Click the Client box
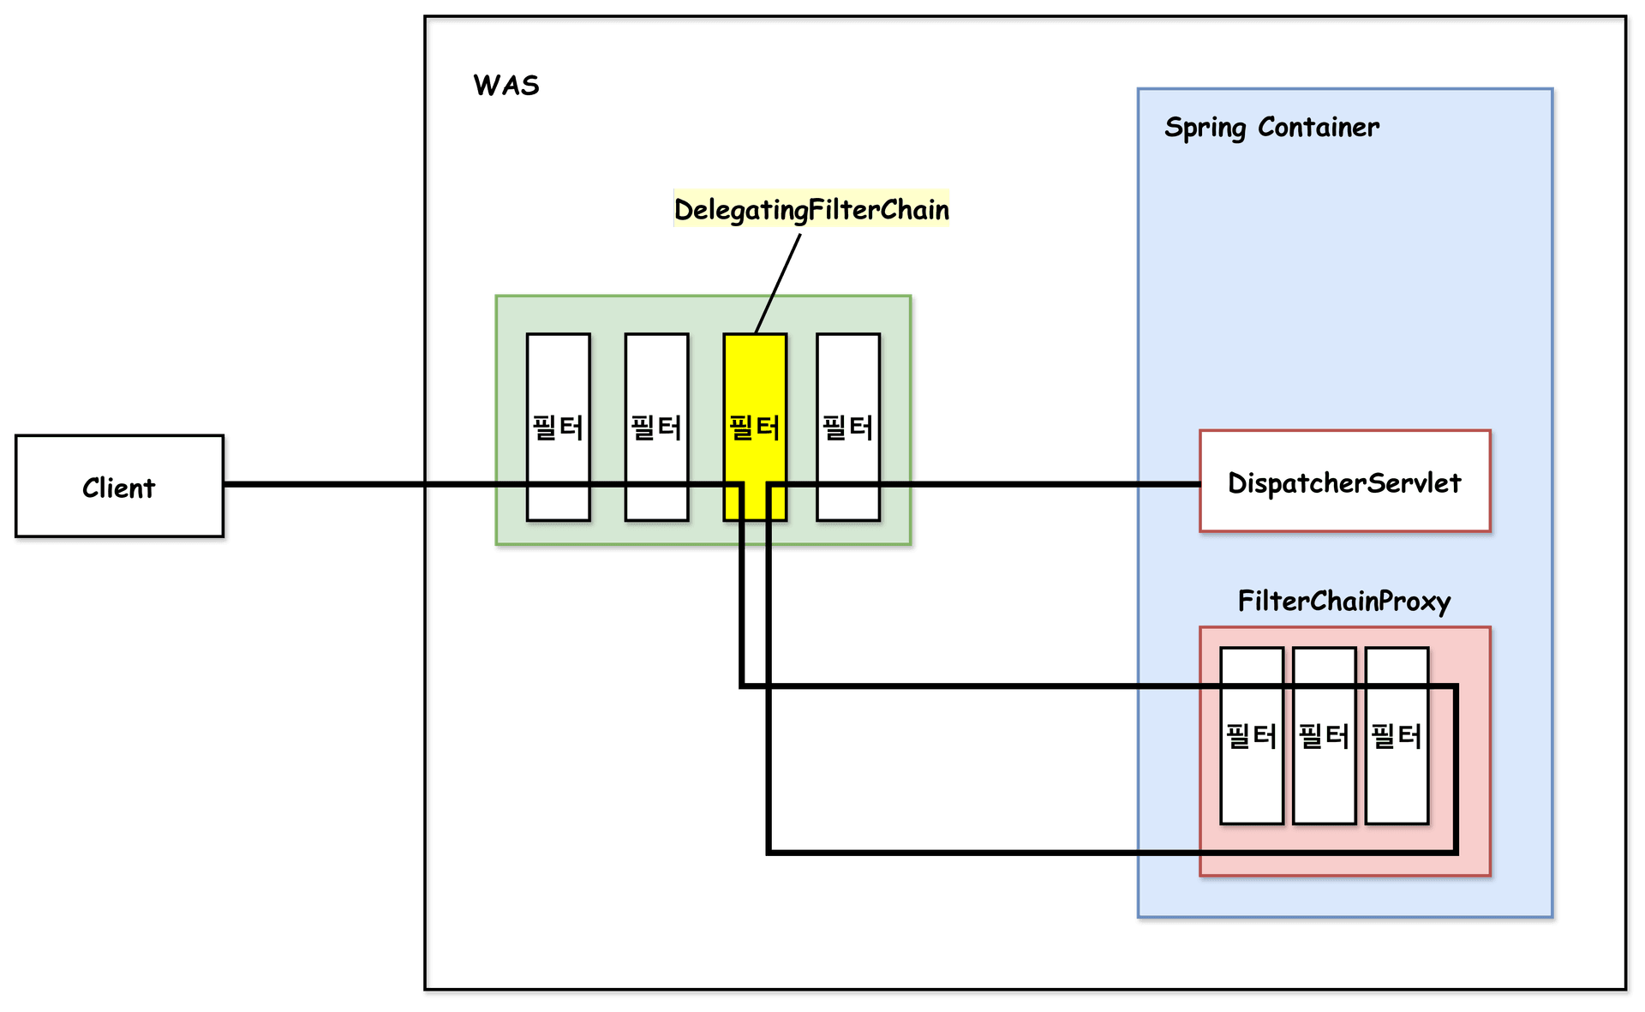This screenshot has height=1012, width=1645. [119, 488]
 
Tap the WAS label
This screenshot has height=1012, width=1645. [506, 86]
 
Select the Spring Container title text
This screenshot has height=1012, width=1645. [1271, 128]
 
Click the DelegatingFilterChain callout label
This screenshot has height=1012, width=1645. [811, 209]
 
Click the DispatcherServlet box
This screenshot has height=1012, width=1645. [1344, 482]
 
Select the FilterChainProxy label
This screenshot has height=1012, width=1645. [1343, 601]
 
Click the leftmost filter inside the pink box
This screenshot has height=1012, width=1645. [1251, 771]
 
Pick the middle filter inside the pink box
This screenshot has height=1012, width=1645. [1324, 771]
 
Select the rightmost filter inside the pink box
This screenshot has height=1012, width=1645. [1397, 771]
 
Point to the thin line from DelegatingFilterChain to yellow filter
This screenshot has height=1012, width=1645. [779, 282]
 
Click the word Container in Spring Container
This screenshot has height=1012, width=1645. [1319, 128]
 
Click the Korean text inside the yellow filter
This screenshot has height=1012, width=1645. [755, 427]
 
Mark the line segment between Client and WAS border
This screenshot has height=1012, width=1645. [326, 485]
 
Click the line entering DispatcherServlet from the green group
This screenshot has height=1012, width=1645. [1028, 484]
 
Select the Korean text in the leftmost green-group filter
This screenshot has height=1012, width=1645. [558, 427]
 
